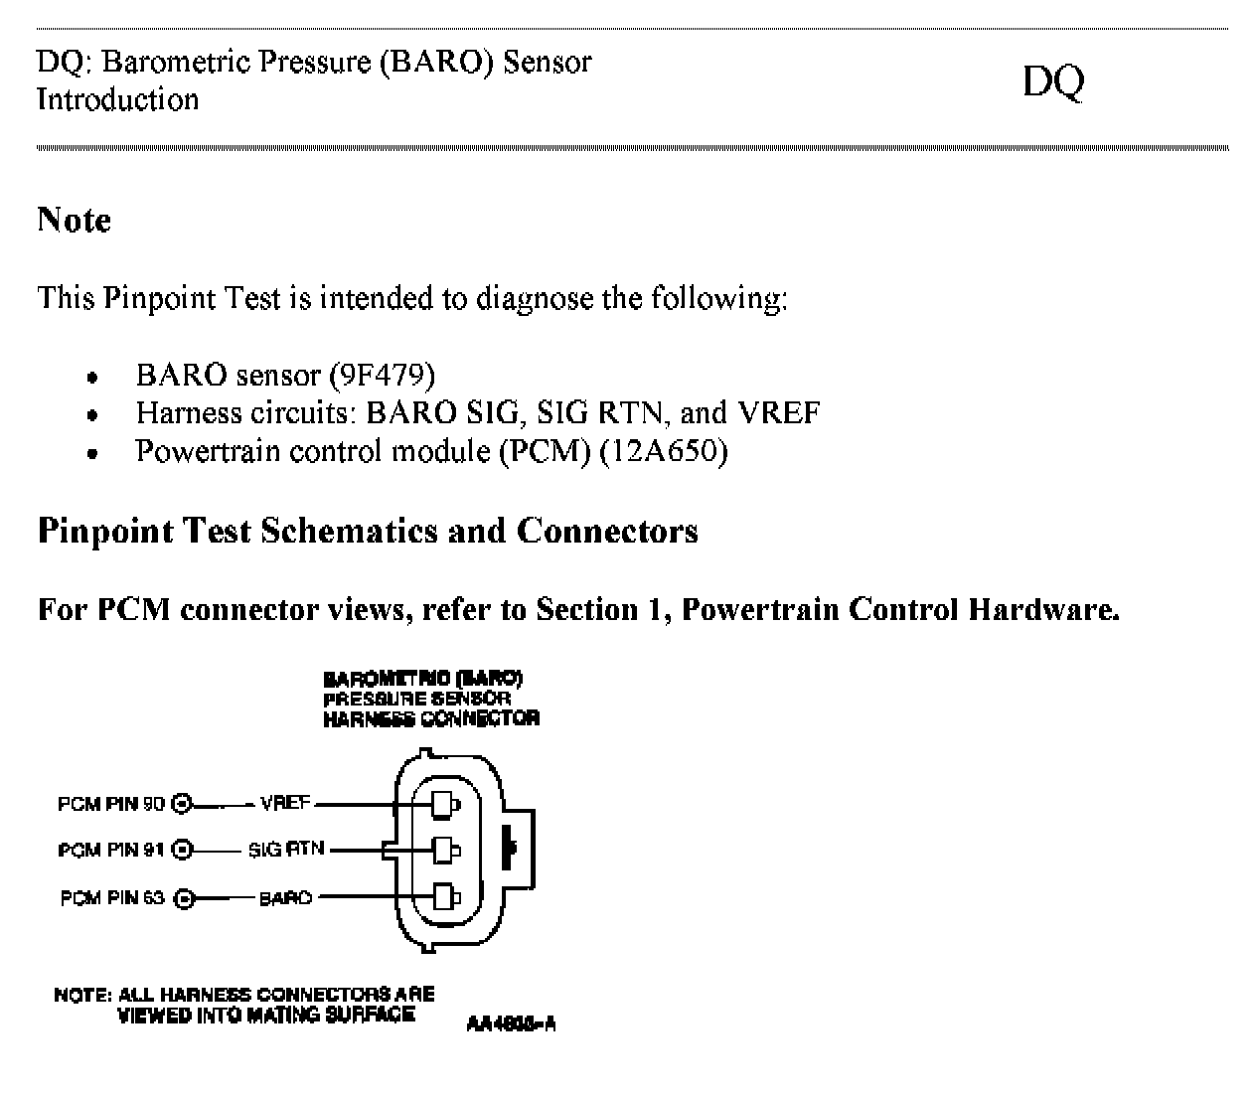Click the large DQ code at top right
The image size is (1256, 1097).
pos(1052,82)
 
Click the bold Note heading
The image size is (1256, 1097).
pos(74,220)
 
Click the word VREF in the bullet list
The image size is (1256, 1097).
pos(779,412)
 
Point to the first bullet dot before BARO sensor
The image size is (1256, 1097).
pos(92,378)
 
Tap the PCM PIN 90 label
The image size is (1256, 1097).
pos(111,804)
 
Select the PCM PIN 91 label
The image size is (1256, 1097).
pos(111,851)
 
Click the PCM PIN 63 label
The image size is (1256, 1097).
pos(112,898)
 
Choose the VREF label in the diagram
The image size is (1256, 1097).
pos(284,804)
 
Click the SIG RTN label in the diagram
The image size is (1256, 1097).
pos(286,851)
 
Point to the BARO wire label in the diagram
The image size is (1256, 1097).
pos(285,898)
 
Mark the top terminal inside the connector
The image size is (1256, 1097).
pos(444,802)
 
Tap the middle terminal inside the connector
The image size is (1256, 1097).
pos(444,850)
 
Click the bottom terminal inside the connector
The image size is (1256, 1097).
pos(444,897)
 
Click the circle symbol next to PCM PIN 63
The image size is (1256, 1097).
pos(184,899)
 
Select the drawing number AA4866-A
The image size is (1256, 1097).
pos(510,1024)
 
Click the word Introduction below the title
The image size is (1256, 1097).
pos(117,100)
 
